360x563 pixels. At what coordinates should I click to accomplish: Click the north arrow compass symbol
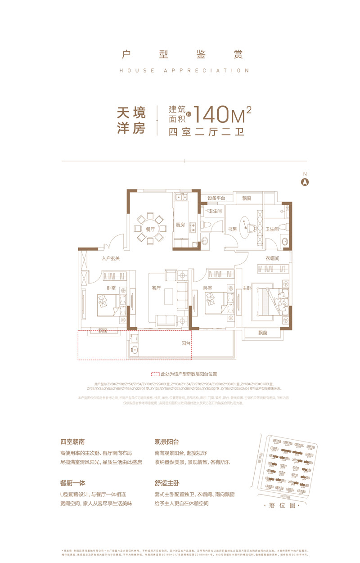[x=305, y=182]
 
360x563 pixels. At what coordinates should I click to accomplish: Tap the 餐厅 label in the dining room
[x=150, y=229]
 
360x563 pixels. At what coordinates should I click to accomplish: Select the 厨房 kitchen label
[x=180, y=225]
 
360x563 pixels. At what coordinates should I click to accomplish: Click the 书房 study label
[x=232, y=229]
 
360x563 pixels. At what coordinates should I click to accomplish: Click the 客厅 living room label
[x=156, y=288]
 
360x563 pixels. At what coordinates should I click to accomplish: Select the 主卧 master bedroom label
[x=247, y=288]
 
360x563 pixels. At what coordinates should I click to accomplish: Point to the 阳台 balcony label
[x=186, y=343]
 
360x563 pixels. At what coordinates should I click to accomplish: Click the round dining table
[x=150, y=228]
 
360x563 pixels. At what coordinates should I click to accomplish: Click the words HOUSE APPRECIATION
[x=184, y=71]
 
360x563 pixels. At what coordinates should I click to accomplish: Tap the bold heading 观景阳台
[x=166, y=442]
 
